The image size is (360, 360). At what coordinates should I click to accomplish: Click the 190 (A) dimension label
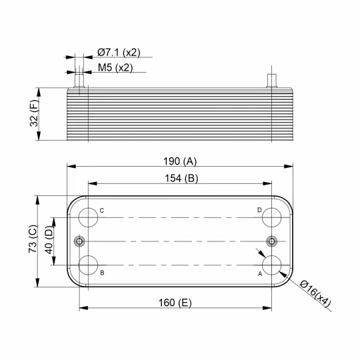[x=180, y=161]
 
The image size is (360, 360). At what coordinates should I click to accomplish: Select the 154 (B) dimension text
[x=181, y=179]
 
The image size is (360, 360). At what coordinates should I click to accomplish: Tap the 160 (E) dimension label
[x=175, y=303]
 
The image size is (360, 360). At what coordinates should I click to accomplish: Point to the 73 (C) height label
[x=33, y=239]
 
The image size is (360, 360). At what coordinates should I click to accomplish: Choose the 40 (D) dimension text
[x=49, y=240]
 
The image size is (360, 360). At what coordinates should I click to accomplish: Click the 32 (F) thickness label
[x=35, y=113]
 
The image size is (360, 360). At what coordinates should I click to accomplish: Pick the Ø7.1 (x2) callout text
[x=119, y=53]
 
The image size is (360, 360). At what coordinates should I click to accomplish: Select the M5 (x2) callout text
[x=115, y=68]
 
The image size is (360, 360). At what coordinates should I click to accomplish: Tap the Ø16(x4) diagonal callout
[x=315, y=293]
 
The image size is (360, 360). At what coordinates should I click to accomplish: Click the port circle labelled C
[x=88, y=208]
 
